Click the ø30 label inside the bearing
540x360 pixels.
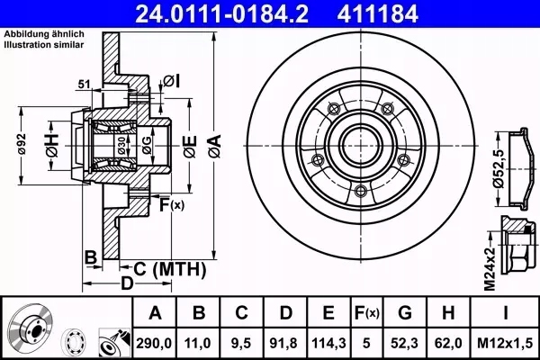121,144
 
